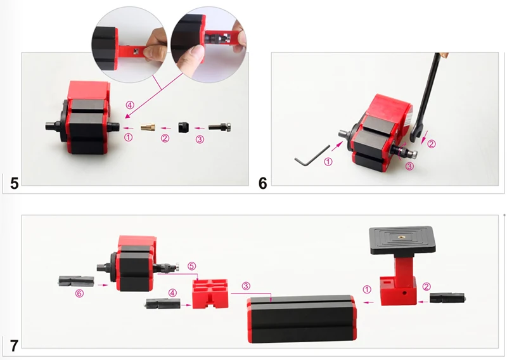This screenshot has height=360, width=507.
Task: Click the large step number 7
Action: click(x=14, y=345)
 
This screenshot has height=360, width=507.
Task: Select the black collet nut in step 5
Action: click(x=184, y=127)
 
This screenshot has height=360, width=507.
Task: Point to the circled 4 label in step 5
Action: click(x=131, y=104)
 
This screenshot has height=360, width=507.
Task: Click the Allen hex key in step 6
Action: click(x=311, y=157)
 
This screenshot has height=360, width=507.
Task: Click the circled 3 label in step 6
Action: click(x=410, y=167)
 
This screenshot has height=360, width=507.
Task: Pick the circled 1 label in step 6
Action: click(x=328, y=162)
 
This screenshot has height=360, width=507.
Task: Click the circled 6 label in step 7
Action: click(x=79, y=293)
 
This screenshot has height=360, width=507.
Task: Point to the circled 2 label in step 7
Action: click(x=427, y=286)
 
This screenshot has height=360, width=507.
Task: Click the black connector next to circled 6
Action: click(x=76, y=281)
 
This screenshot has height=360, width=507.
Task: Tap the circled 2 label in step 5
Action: click(x=165, y=138)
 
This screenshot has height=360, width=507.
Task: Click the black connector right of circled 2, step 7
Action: click(x=448, y=297)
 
